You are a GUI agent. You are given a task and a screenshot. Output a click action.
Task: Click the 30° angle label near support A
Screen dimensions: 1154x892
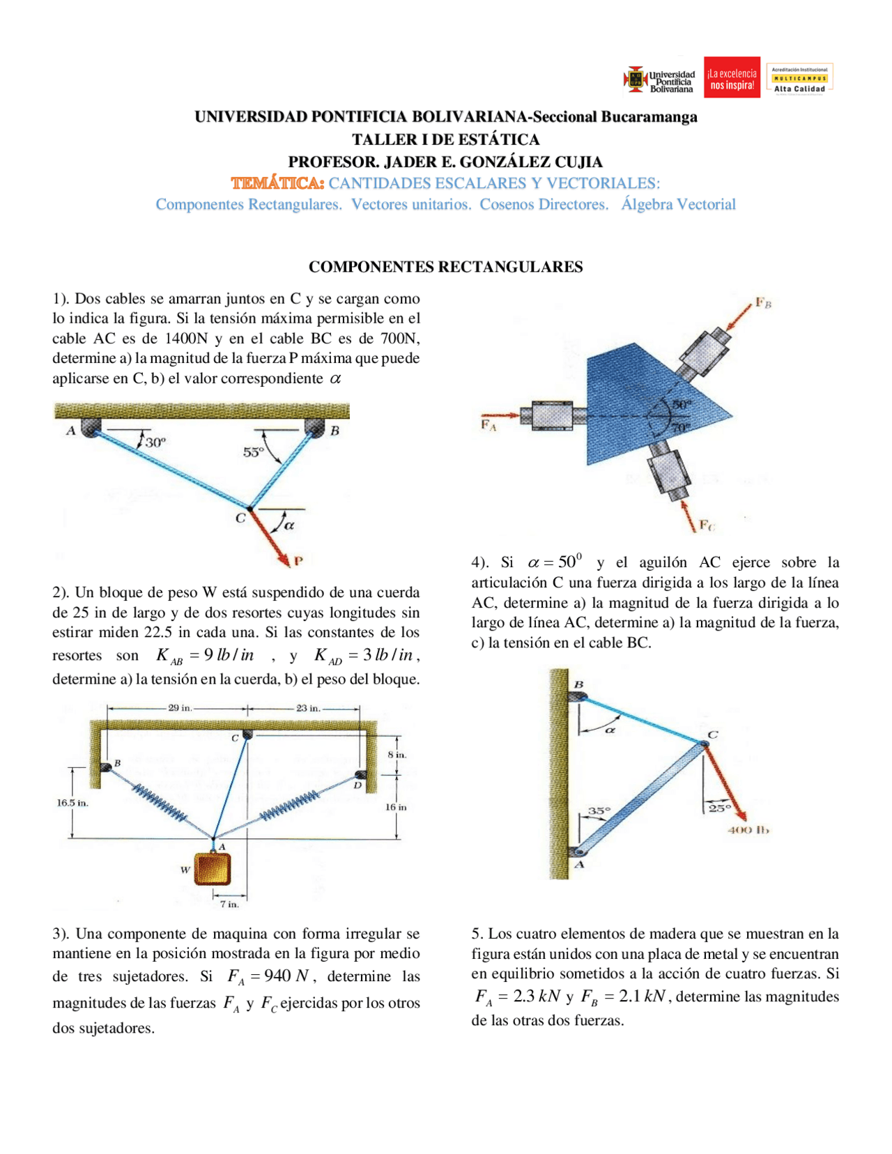pyautogui.click(x=155, y=442)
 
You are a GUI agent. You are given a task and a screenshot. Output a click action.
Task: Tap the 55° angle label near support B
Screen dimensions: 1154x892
pyautogui.click(x=253, y=452)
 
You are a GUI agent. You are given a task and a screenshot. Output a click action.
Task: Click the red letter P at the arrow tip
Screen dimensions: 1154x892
pyautogui.click(x=298, y=560)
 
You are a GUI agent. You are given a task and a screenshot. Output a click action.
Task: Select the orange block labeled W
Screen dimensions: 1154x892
pyautogui.click(x=212, y=869)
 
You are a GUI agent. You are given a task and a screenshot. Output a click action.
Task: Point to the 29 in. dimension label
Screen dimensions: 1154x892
pyautogui.click(x=180, y=708)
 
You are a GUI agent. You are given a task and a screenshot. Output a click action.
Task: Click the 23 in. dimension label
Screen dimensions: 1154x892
pyautogui.click(x=308, y=708)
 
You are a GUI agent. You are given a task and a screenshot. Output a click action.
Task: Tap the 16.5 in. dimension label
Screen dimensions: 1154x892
pyautogui.click(x=72, y=803)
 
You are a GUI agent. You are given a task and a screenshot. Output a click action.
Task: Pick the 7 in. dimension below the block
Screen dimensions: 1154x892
pyautogui.click(x=229, y=904)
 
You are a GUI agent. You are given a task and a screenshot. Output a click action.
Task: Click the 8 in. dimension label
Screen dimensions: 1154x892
pyautogui.click(x=397, y=755)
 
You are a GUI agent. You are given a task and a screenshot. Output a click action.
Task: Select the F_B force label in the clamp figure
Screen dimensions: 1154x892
pyautogui.click(x=763, y=303)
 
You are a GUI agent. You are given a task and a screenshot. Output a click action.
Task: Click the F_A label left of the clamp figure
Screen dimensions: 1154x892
pyautogui.click(x=489, y=424)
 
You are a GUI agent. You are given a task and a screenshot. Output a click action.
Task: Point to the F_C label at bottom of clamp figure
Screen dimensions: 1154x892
pyautogui.click(x=707, y=525)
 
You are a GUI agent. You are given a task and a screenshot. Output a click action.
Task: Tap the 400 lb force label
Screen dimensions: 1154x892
pyautogui.click(x=748, y=830)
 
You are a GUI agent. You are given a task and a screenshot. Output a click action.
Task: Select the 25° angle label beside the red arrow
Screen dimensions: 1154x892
pyautogui.click(x=719, y=808)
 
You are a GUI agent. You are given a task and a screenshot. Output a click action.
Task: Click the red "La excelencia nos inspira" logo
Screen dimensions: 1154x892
pyautogui.click(x=732, y=78)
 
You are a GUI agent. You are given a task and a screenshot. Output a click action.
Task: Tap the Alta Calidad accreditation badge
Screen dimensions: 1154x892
pyautogui.click(x=799, y=79)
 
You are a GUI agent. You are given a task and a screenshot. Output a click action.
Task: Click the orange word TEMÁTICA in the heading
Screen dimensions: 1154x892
pyautogui.click(x=277, y=183)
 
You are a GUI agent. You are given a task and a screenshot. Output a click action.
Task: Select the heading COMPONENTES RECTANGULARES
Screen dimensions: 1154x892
pyautogui.click(x=445, y=267)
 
